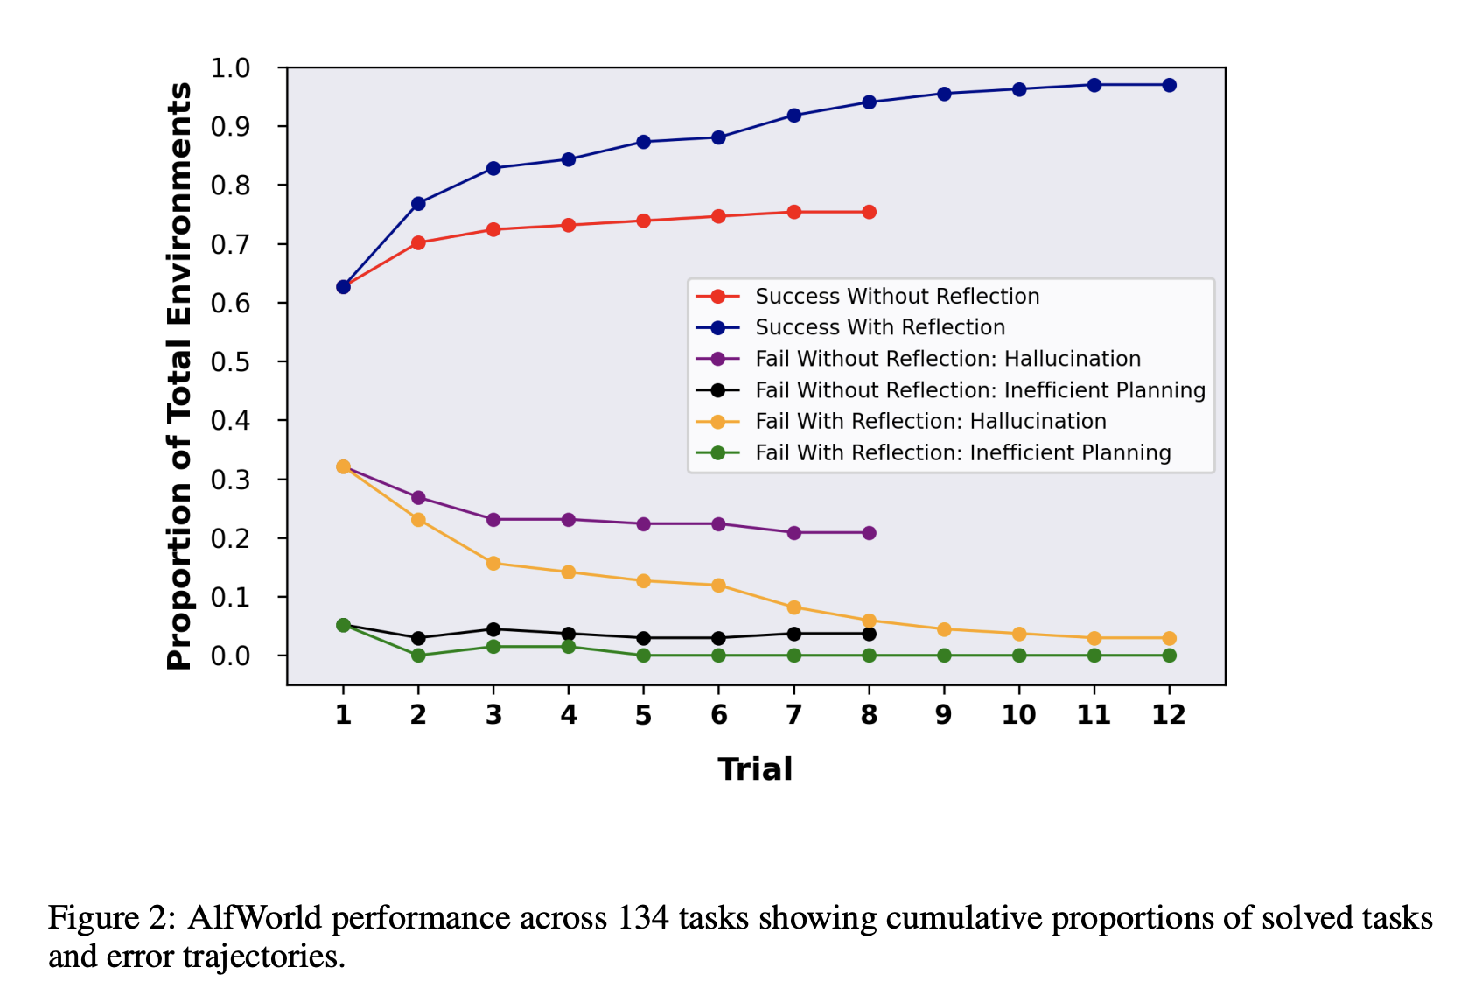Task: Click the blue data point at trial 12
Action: [x=1169, y=85]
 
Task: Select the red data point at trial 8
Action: [x=869, y=212]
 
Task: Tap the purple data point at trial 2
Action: [x=418, y=498]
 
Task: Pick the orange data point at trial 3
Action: [x=493, y=564]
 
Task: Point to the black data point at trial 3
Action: [x=493, y=629]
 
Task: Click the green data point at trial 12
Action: [x=1169, y=656]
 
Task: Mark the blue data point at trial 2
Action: [x=418, y=204]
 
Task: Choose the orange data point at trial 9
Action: [x=944, y=629]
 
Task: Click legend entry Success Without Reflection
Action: [x=897, y=297]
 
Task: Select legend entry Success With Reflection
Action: [x=880, y=327]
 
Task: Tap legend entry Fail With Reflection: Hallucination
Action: [x=931, y=422]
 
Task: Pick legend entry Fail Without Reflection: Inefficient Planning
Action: [x=980, y=390]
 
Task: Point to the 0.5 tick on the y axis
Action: [x=230, y=361]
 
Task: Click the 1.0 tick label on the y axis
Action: [x=230, y=68]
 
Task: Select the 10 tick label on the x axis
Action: [x=1019, y=715]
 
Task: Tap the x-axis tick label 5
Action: [x=644, y=715]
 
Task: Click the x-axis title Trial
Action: [x=755, y=769]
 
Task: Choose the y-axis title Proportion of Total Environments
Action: [x=179, y=376]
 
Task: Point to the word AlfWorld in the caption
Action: [x=255, y=918]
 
